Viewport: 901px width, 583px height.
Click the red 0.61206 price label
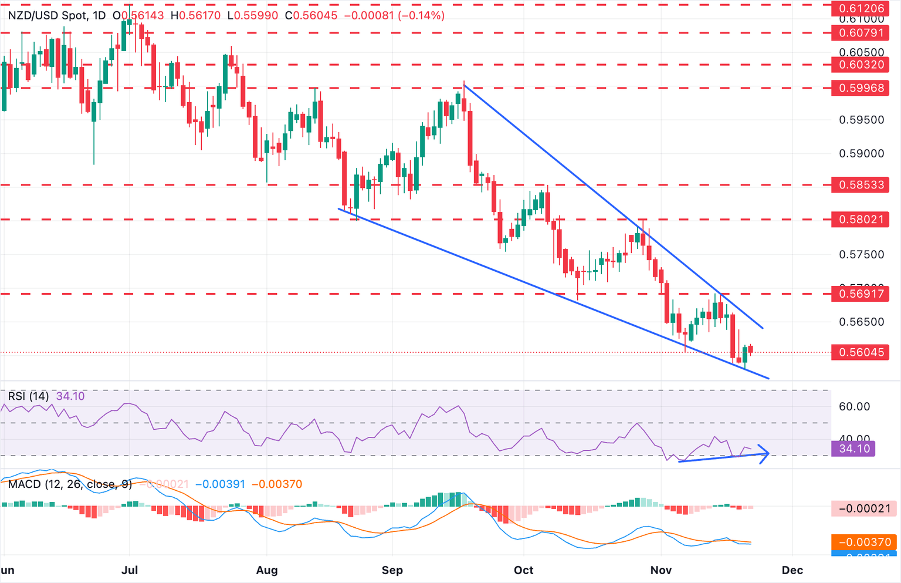(x=861, y=8)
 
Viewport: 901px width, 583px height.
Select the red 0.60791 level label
(x=861, y=33)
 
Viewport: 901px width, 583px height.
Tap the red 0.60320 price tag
(x=861, y=65)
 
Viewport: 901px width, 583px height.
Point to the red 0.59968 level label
(x=861, y=88)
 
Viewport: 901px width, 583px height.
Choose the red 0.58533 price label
(x=861, y=185)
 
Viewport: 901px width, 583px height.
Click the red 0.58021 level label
(x=861, y=220)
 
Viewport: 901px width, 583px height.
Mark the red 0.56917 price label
(x=861, y=294)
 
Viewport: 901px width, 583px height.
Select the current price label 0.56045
(x=861, y=352)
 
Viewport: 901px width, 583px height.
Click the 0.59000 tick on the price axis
(x=861, y=154)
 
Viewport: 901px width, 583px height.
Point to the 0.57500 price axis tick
(x=861, y=254)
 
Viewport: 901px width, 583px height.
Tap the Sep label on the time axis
(x=392, y=570)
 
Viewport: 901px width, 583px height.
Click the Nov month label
(x=661, y=570)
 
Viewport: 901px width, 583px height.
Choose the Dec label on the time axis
(x=792, y=570)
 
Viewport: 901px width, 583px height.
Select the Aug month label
(x=267, y=570)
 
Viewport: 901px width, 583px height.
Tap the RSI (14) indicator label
(x=28, y=396)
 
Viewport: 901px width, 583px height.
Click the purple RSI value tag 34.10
(x=853, y=449)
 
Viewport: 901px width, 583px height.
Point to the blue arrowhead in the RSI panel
(x=764, y=454)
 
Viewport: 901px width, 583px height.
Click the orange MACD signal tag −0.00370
(x=864, y=542)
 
